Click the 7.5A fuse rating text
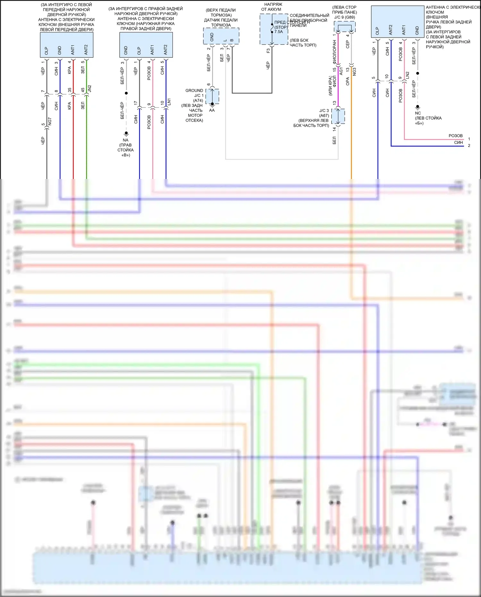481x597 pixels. pos(279,32)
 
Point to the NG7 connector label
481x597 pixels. pos(50,122)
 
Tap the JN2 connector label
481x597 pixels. pos(90,89)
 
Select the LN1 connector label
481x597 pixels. pos(169,102)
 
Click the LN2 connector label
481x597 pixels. pos(408,75)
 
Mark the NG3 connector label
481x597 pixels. pos(354,72)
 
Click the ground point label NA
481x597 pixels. pos(125,140)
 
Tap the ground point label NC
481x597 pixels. pos(418,113)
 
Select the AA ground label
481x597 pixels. pos(212,110)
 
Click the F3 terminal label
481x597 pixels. pos(268,51)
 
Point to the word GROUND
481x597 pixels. pos(194,91)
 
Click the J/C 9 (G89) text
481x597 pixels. pos(344,17)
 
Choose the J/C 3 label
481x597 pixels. pos(324,111)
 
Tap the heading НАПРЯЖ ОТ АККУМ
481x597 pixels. pos(273,7)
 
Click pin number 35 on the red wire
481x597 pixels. pos(70,90)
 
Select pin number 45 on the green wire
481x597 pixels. pos(83,90)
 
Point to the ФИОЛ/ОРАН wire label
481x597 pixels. pos(334,52)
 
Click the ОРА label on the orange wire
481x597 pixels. pos(348,81)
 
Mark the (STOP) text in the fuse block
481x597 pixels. pos(281,27)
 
